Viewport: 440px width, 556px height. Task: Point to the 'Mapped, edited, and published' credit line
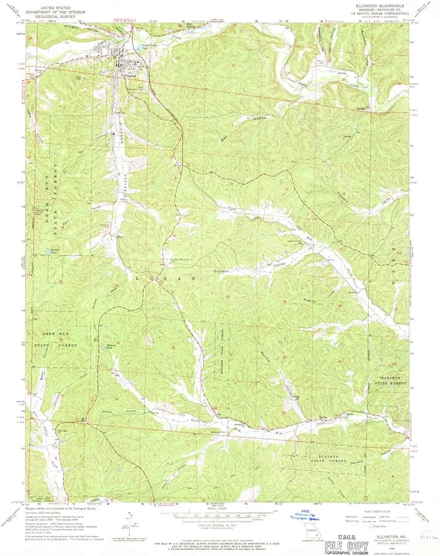[62, 510]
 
